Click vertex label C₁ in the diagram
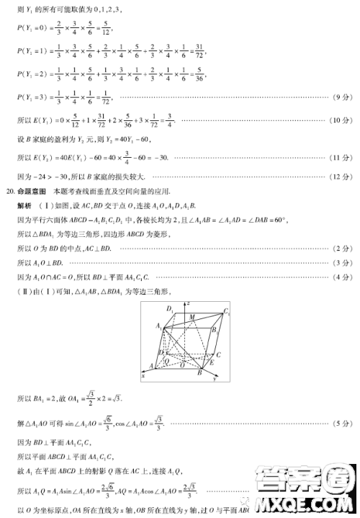(226, 312)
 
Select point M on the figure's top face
(191, 316)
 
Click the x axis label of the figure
(143, 376)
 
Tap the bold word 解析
(24, 205)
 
